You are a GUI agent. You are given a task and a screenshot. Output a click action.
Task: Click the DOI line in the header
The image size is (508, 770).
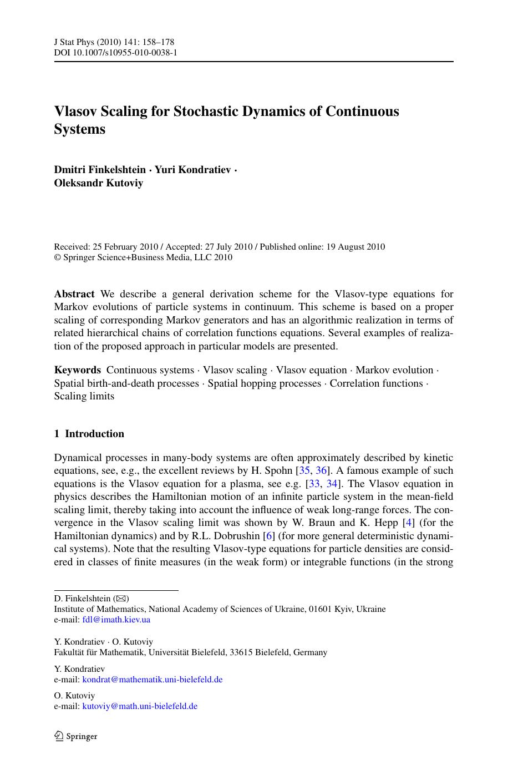[115, 53]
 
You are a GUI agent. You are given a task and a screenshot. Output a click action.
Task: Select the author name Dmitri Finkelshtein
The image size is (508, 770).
[100, 170]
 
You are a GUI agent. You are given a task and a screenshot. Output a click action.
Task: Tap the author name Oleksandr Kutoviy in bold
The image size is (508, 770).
[98, 183]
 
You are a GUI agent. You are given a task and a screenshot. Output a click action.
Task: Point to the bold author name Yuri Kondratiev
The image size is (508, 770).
[192, 170]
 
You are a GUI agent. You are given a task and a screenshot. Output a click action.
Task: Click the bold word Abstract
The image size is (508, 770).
[74, 294]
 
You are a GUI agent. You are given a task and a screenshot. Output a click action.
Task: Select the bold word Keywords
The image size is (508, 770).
[77, 370]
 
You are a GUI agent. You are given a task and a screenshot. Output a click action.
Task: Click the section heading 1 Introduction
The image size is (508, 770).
[89, 434]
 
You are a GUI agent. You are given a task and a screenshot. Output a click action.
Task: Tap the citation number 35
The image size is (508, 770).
[304, 471]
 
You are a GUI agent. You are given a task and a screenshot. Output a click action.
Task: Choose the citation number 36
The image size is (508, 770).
[322, 471]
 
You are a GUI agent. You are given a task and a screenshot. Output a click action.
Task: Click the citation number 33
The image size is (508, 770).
[314, 484]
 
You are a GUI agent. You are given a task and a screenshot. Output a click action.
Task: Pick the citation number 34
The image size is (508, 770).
[332, 484]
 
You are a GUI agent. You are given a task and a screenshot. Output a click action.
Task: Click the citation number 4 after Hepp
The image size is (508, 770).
[409, 523]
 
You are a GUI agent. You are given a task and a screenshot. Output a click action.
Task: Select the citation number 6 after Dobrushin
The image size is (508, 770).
[270, 535]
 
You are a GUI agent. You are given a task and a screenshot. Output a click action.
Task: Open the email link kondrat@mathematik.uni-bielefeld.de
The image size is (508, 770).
[153, 680]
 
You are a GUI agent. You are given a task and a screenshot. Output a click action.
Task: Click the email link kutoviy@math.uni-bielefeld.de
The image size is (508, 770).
[140, 706]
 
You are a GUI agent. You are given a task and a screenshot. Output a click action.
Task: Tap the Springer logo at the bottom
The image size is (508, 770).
[76, 736]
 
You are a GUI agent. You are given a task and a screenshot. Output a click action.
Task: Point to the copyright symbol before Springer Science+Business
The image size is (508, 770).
[57, 257]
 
